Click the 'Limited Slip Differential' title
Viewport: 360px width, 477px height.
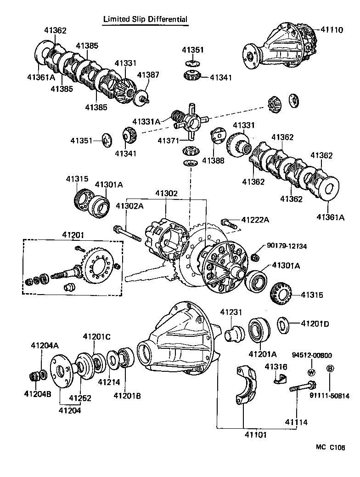(145, 19)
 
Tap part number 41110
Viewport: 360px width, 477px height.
(332, 30)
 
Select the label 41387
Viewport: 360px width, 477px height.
(148, 74)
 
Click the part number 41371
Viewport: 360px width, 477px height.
(168, 140)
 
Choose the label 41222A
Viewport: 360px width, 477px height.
(255, 220)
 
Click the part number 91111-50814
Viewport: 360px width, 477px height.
(329, 395)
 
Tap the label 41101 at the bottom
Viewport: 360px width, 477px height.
(255, 434)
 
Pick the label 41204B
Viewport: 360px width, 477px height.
(34, 393)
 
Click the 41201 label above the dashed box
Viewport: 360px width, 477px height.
(73, 235)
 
